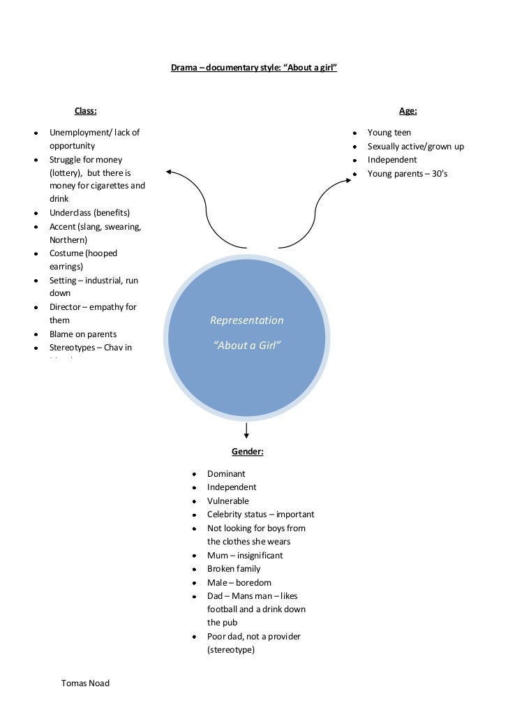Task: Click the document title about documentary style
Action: [x=254, y=69]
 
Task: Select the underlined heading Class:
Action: [x=85, y=110]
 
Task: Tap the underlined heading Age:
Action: [x=408, y=110]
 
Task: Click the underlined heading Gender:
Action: [x=247, y=452]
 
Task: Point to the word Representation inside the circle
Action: [x=247, y=320]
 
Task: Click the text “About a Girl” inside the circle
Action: [x=247, y=346]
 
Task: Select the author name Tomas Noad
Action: [x=86, y=683]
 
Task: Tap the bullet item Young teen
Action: [x=389, y=133]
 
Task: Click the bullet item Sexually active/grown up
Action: [x=415, y=147]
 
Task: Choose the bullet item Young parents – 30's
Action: [x=408, y=174]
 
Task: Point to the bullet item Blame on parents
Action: [x=82, y=334]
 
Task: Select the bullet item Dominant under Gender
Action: [x=226, y=474]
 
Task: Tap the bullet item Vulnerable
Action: [x=227, y=501]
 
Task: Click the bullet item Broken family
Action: [x=234, y=569]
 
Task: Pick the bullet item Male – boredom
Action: [x=239, y=583]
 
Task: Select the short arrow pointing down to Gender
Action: [x=247, y=432]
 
